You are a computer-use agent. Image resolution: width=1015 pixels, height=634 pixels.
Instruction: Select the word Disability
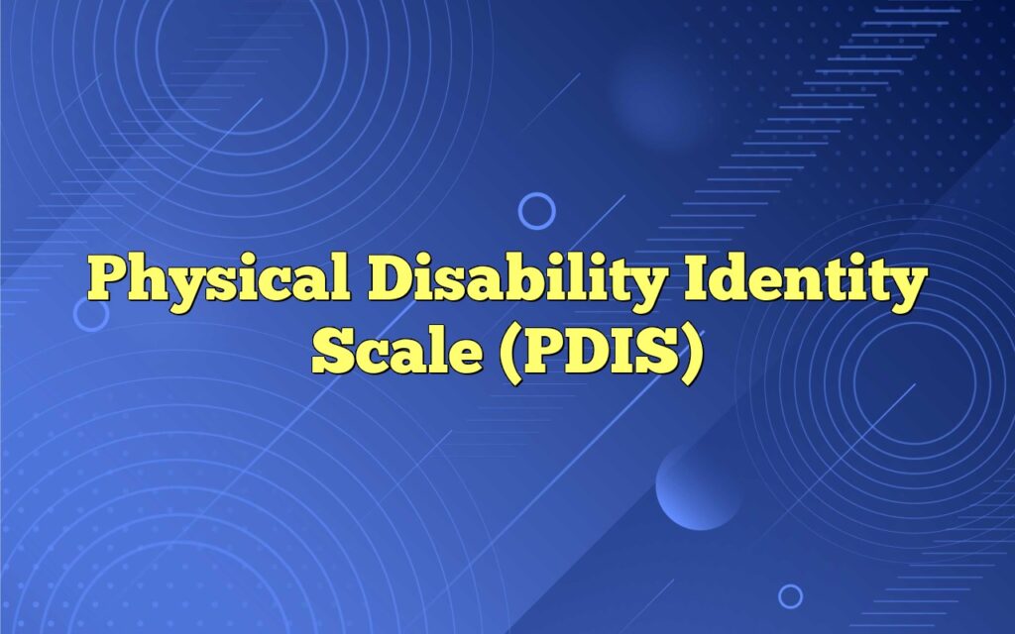(x=512, y=282)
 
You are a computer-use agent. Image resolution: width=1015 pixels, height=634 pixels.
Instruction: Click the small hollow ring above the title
(x=537, y=211)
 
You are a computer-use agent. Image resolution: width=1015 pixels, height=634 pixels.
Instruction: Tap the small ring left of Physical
(x=91, y=313)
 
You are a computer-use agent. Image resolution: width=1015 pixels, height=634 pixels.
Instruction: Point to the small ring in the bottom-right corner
(x=790, y=595)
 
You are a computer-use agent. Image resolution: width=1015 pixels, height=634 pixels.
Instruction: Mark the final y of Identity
(x=907, y=287)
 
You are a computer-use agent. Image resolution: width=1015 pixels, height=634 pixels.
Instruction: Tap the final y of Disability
(x=640, y=287)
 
